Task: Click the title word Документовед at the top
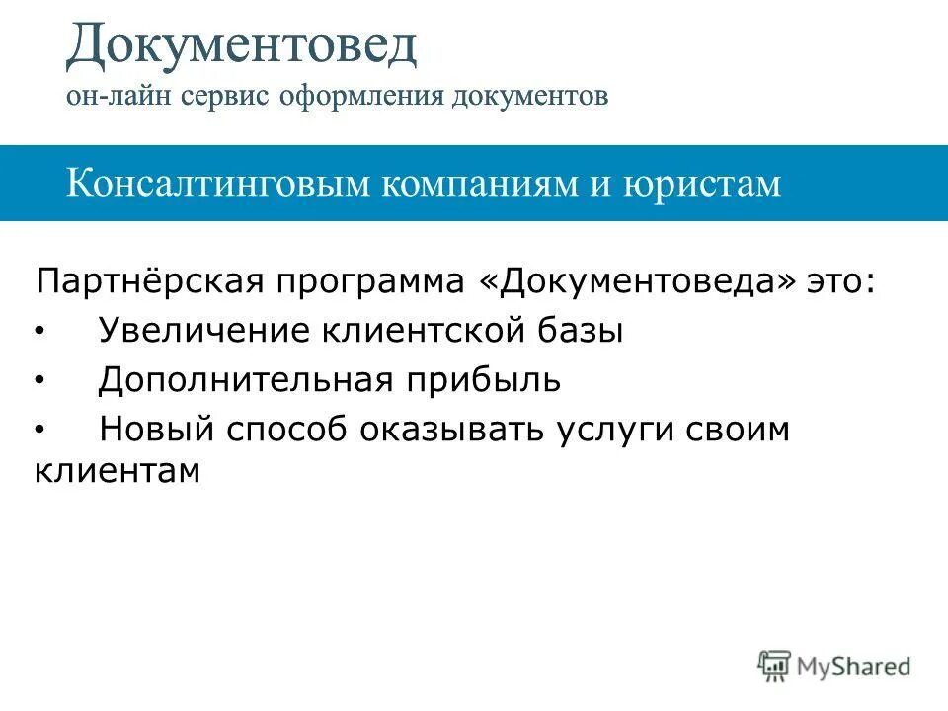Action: coord(242,47)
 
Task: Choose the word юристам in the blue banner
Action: coord(701,184)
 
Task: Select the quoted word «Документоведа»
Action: coord(637,282)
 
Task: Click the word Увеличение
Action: coord(200,332)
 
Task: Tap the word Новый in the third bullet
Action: coord(157,431)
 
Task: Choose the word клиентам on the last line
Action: coord(118,471)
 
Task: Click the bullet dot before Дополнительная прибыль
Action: coord(39,379)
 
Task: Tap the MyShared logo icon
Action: coord(775,666)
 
